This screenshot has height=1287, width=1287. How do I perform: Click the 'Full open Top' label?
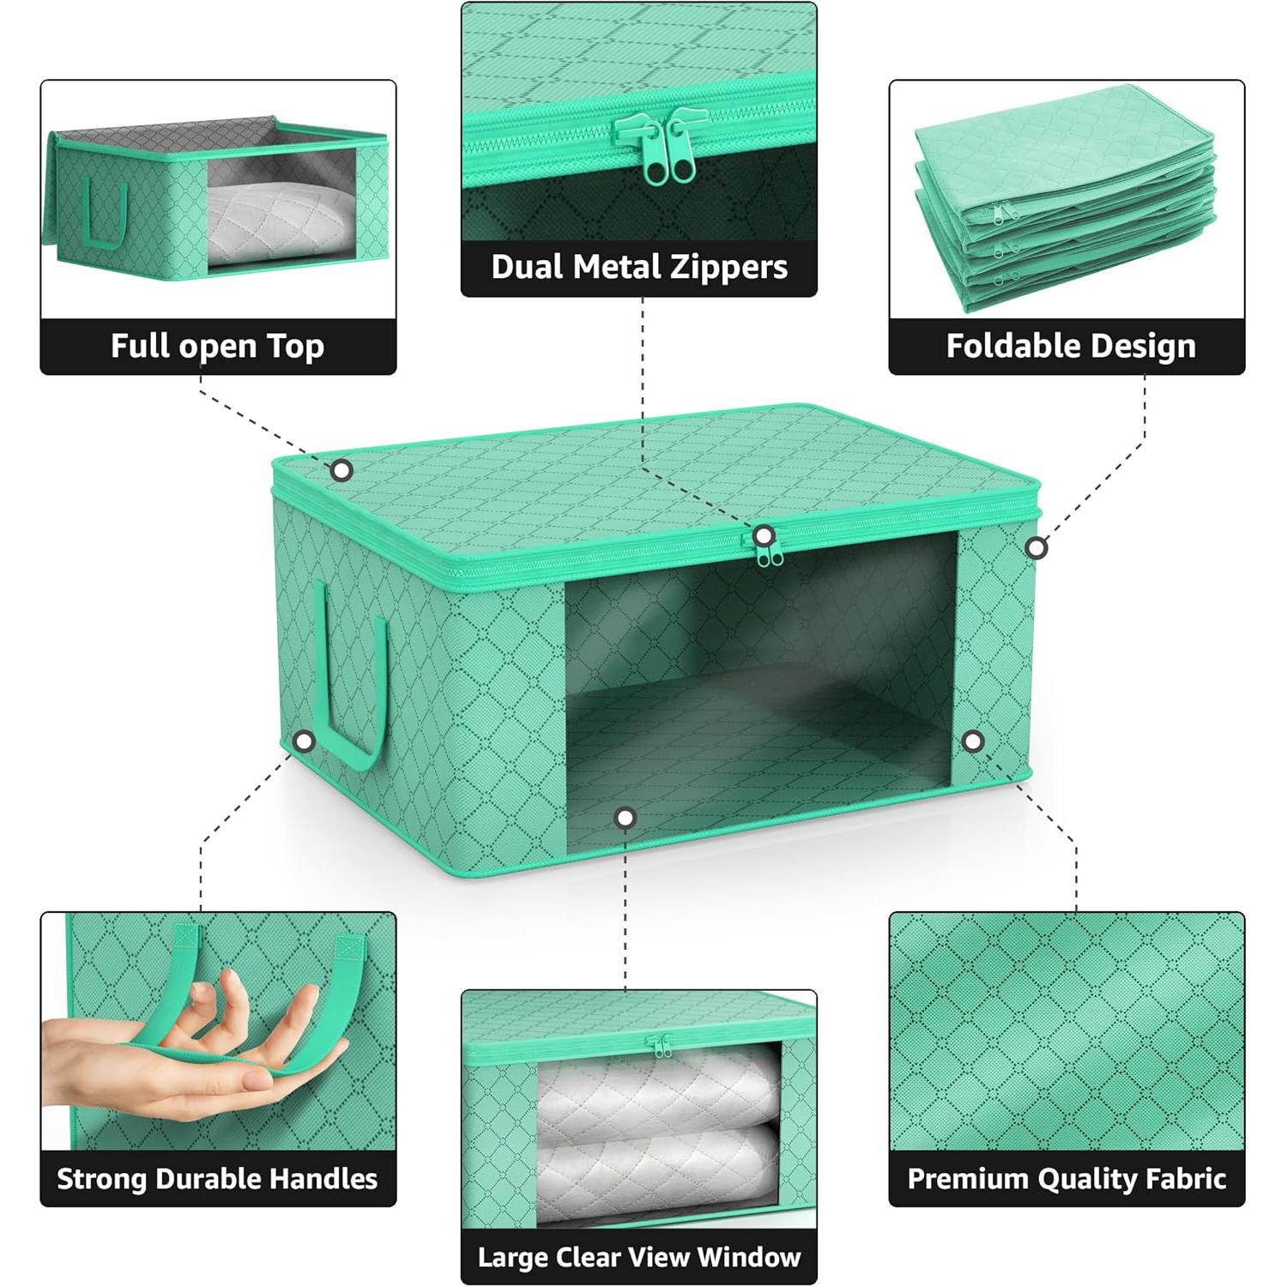(x=217, y=346)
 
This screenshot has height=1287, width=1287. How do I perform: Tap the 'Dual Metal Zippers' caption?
(x=639, y=267)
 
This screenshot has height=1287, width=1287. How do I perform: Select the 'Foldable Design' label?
(x=1070, y=346)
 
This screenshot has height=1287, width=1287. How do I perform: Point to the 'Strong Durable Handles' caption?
(x=217, y=1178)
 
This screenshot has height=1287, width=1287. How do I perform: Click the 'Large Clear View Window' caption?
(x=639, y=1257)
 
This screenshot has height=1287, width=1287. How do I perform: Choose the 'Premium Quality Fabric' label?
(x=1066, y=1178)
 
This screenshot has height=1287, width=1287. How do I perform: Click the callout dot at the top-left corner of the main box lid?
(x=341, y=470)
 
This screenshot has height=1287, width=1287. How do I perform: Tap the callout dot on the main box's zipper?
(x=763, y=536)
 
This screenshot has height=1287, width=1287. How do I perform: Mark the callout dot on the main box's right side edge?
(x=1036, y=547)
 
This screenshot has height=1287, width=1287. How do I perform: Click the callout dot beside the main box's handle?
(x=304, y=741)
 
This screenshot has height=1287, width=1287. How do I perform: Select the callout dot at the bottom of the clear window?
(x=625, y=818)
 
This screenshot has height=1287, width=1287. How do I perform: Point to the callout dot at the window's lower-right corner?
(x=972, y=741)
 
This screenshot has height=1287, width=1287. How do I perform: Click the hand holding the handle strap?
(x=193, y=1047)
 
